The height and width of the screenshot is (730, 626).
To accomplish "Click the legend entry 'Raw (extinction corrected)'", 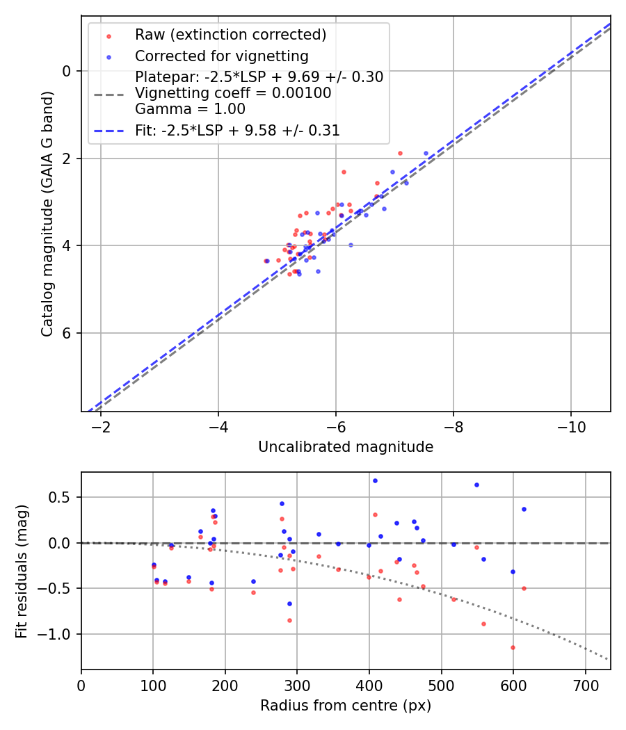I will click(230, 35).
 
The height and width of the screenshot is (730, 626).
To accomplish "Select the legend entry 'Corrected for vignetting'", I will click(221, 56).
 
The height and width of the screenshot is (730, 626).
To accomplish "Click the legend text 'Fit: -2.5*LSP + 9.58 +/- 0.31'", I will click(237, 130).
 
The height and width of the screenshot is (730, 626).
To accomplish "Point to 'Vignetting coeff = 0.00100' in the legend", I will click(233, 93).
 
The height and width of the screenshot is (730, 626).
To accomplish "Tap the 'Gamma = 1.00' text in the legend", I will click(190, 108).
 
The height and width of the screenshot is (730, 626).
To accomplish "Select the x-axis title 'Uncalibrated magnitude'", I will click(346, 447).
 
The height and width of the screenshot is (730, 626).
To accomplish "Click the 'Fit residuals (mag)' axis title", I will click(22, 571).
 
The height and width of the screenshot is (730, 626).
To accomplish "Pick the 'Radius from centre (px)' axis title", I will click(346, 706).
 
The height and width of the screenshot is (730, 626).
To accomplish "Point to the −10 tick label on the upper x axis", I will click(571, 425).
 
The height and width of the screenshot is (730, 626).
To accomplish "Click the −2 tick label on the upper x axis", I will click(101, 425).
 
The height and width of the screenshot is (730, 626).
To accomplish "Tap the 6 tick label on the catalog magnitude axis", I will click(67, 333).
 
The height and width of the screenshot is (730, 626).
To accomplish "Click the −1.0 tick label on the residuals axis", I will click(58, 634).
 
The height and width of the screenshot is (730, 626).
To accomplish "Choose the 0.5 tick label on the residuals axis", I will click(63, 497).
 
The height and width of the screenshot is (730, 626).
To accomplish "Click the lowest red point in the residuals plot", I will click(513, 647).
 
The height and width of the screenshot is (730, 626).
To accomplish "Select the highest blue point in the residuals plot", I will click(375, 480).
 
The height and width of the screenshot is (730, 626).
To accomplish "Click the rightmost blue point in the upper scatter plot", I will click(426, 153).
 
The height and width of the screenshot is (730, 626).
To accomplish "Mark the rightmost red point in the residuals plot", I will click(524, 588).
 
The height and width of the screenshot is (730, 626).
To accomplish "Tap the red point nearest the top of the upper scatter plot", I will click(400, 153).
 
